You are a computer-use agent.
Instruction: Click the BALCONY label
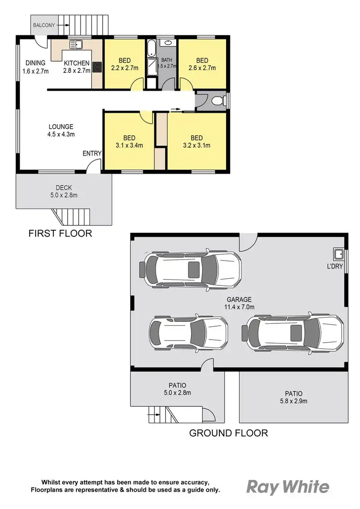pos(44,24)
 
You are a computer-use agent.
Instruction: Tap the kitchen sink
pos(75,45)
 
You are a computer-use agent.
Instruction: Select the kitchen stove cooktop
pos(97,67)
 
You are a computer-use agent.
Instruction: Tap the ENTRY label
pos(92,154)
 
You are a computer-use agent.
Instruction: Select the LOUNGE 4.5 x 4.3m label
pos(60,130)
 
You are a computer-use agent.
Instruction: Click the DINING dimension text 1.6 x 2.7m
pos(36,71)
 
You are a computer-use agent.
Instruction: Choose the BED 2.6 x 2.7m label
pos(202,64)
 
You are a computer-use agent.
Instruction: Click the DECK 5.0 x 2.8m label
pos(63,191)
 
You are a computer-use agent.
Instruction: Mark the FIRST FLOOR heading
pos(60,234)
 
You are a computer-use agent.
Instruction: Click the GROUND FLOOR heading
pos(228,433)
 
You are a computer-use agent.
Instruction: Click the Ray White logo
pos(288,487)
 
